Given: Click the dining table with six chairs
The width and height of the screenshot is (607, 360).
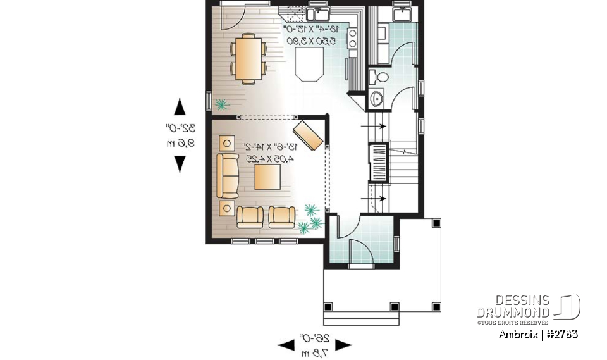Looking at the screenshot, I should pyautogui.click(x=247, y=59).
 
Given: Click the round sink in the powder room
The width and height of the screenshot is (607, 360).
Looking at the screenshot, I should pyautogui.click(x=377, y=98).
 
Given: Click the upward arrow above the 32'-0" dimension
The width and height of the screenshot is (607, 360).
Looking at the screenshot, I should pyautogui.click(x=180, y=107).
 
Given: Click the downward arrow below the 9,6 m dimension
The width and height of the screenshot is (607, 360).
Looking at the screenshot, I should pyautogui.click(x=180, y=163).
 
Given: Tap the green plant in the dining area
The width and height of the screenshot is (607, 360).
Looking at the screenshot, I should pyautogui.click(x=221, y=104).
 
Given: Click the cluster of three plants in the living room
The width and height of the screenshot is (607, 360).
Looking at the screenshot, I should pyautogui.click(x=309, y=219).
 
